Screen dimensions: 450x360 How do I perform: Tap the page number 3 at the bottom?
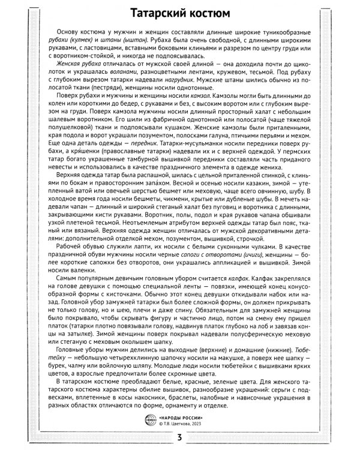pyautogui.click(x=180, y=436)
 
